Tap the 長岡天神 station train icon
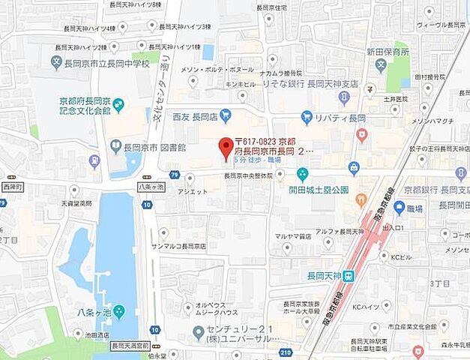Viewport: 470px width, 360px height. pyautogui.click(x=349, y=276)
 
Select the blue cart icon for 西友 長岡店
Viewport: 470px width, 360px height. pyautogui.click(x=226, y=115)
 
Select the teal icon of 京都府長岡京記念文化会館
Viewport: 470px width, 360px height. pyautogui.click(x=118, y=103)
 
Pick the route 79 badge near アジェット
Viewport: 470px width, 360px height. pyautogui.click(x=174, y=175)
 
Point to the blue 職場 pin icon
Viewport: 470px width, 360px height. pyautogui.click(x=399, y=207)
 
